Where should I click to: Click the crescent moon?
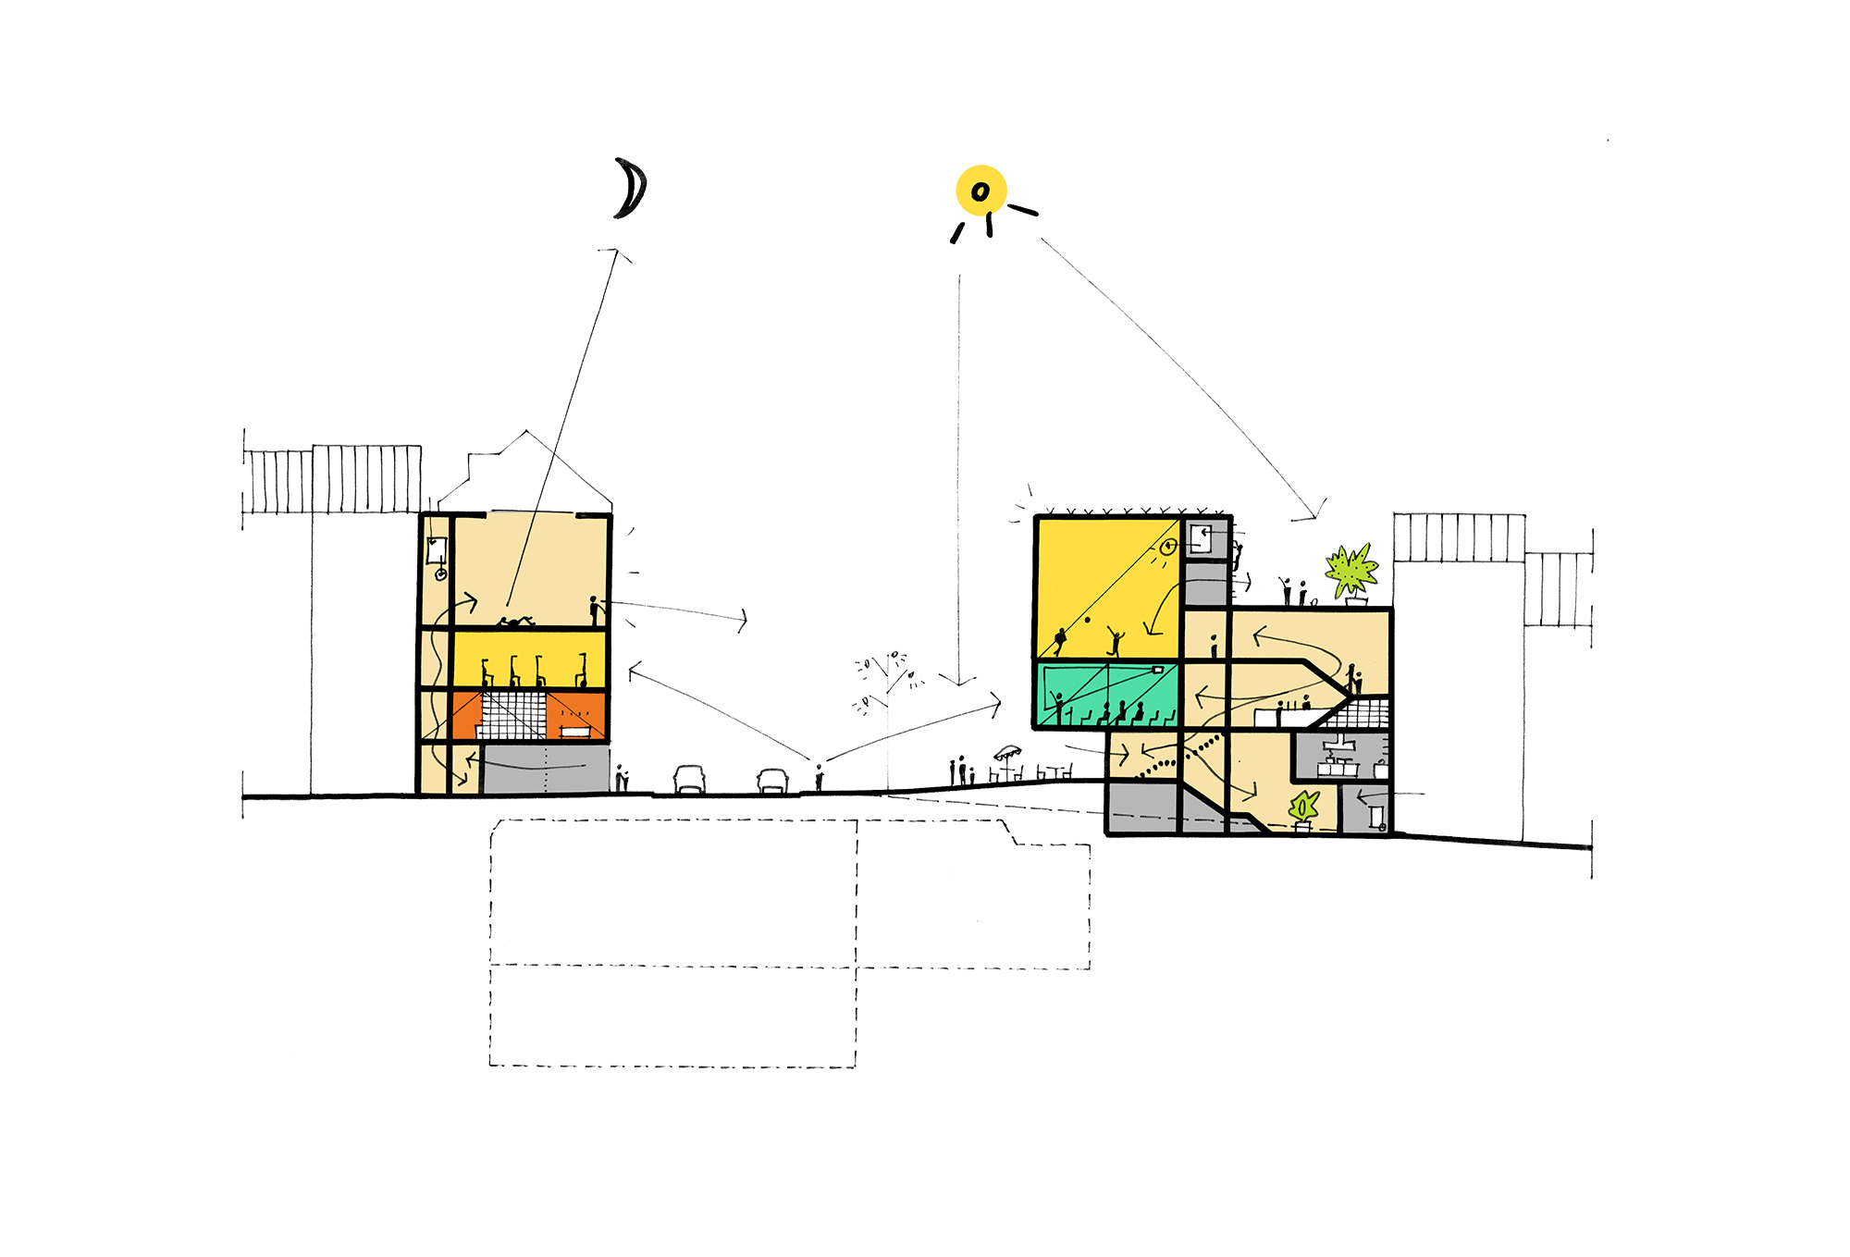(632, 189)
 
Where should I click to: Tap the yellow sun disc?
(980, 191)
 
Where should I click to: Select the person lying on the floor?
(515, 622)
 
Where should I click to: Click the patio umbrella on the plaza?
(1007, 752)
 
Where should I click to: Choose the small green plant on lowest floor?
(1303, 808)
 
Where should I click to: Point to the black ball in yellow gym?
(1088, 620)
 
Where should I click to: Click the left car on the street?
(689, 779)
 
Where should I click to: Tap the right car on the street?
(772, 781)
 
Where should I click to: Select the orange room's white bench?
(574, 732)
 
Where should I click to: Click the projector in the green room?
(1157, 669)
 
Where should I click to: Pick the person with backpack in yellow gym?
(1060, 642)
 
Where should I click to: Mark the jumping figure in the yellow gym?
(1116, 639)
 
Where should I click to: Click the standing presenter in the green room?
(1059, 707)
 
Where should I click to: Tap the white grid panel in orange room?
(512, 714)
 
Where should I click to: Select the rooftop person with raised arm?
(1286, 590)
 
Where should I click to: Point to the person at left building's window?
(595, 610)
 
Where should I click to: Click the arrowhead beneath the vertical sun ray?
(959, 683)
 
